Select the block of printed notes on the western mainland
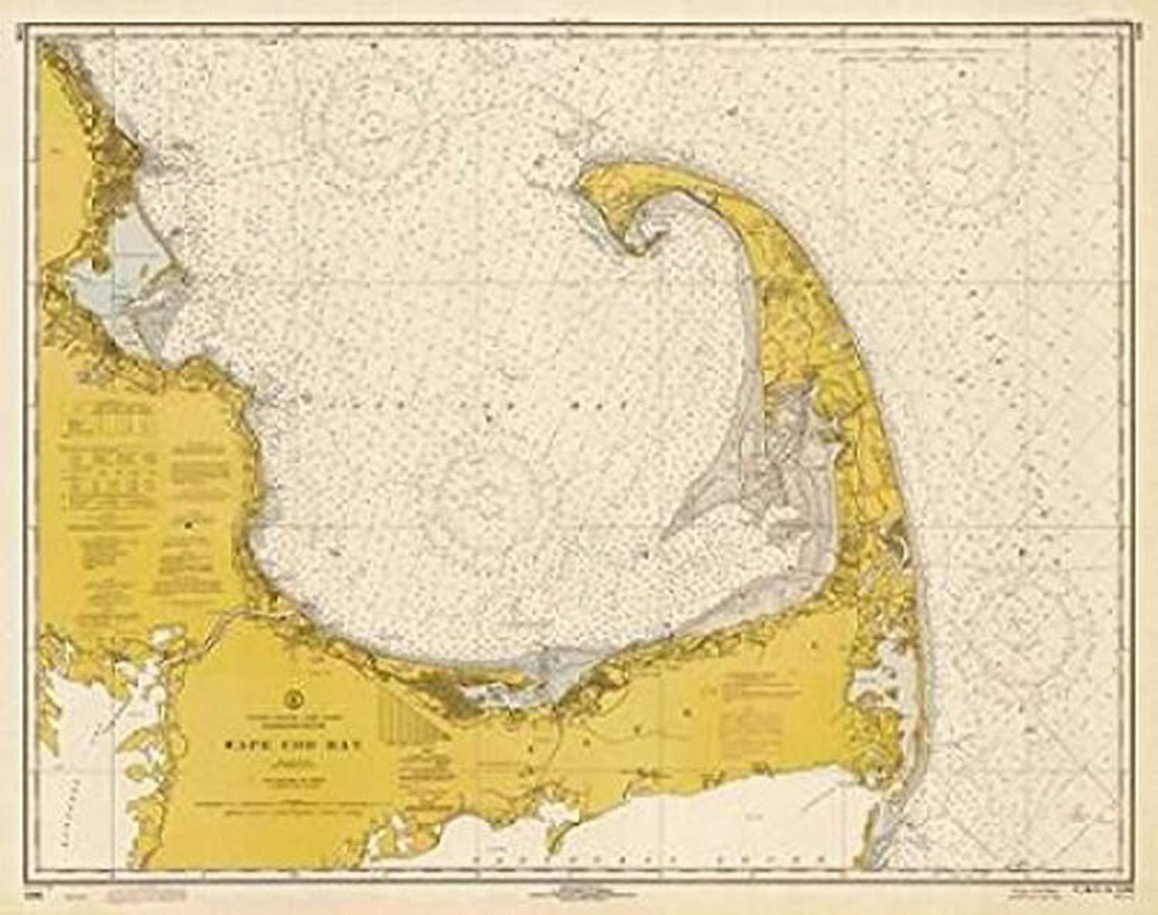pos(116,463)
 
